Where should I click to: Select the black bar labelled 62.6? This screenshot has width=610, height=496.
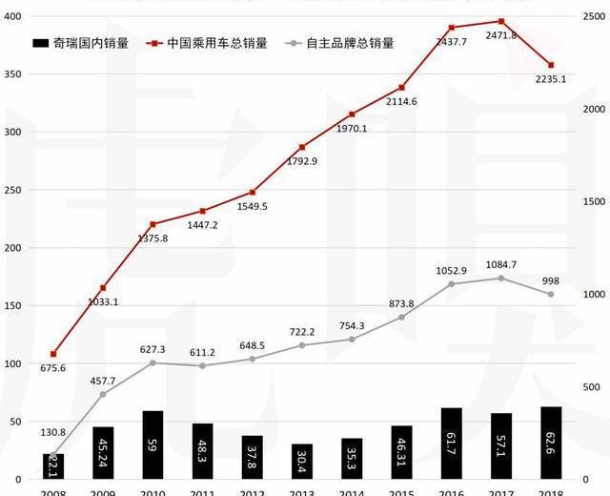pyautogui.click(x=550, y=443)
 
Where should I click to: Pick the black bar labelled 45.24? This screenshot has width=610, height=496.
pyautogui.click(x=103, y=453)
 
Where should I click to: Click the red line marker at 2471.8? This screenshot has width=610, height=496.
pyautogui.click(x=500, y=21)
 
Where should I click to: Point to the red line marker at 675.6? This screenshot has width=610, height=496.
pyautogui.click(x=53, y=354)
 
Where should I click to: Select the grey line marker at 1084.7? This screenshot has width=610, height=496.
pyautogui.click(x=500, y=278)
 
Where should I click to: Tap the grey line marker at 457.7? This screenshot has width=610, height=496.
pyautogui.click(x=103, y=394)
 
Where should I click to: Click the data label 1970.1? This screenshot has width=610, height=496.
pyautogui.click(x=352, y=128)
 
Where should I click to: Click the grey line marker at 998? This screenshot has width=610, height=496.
pyautogui.click(x=550, y=294)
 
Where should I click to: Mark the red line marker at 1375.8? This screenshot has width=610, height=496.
pyautogui.click(x=152, y=224)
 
